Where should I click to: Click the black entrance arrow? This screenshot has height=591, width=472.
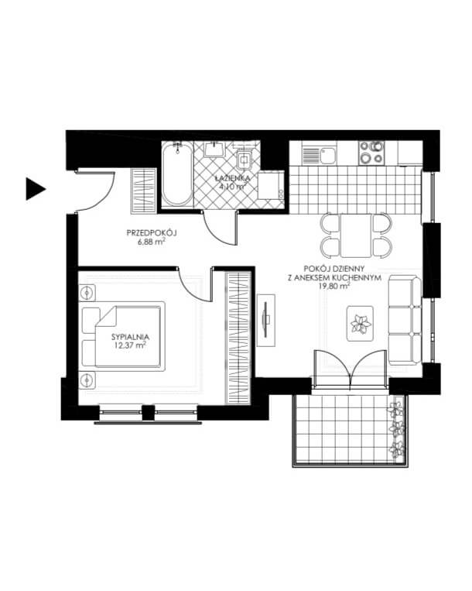point(35,188)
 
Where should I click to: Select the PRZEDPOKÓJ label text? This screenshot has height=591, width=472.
point(152,233)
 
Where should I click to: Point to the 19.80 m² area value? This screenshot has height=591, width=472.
point(334,286)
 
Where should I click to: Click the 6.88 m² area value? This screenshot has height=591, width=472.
point(152,242)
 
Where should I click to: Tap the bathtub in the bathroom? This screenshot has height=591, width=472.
point(177,174)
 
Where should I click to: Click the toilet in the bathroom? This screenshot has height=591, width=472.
point(245,160)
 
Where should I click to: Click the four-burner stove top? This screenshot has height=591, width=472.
point(371,153)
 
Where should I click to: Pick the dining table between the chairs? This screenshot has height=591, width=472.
point(356,235)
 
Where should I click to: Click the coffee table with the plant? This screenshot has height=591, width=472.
point(360,324)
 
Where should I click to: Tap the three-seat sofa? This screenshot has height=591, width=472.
point(405,321)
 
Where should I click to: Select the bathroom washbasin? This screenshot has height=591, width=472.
point(214,149)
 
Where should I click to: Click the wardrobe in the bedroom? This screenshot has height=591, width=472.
point(238,338)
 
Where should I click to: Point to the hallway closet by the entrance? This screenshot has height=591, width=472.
point(143,191)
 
